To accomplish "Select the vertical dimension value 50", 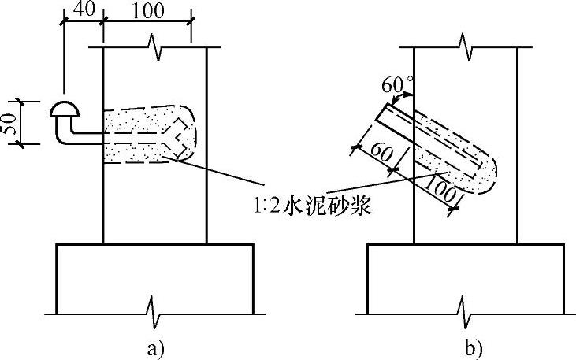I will coord(9,123).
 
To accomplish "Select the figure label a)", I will coord(155,346).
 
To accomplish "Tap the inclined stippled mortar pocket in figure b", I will coord(449,158).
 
